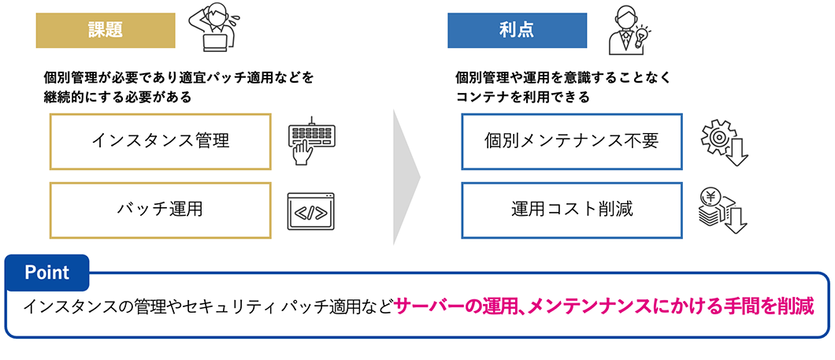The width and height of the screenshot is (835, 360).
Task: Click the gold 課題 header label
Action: (104, 30)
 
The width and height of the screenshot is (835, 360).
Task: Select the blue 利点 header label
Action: (516, 30)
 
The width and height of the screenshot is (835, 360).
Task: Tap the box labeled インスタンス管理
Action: (160, 141)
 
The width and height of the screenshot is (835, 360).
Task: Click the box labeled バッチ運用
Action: (160, 210)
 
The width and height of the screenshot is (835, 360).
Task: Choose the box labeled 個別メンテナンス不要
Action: (571, 141)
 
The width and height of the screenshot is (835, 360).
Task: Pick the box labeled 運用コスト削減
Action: (571, 210)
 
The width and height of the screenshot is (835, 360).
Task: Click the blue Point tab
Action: (47, 273)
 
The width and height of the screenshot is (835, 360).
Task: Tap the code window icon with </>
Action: (311, 211)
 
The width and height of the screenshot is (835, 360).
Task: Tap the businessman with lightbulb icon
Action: (626, 30)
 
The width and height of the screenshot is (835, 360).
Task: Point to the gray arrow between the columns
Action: (406, 177)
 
